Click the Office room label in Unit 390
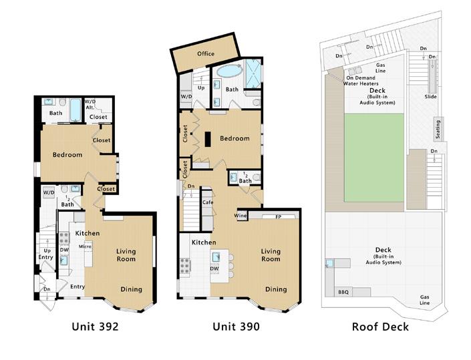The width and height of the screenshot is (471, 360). coord(206,53)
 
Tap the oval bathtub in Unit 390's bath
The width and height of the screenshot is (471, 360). coord(229,71)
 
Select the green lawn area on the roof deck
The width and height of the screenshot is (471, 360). coord(373,158)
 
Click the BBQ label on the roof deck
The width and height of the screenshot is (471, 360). coord(343,292)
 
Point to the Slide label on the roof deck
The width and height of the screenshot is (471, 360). coord(430,97)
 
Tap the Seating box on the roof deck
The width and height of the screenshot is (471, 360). coord(438,129)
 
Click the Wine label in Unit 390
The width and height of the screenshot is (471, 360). coord(241,216)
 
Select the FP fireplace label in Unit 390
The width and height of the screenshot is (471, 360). coord(278,216)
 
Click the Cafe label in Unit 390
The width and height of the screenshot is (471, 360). coord(208,202)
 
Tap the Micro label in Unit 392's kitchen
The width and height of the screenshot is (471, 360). coord(85,246)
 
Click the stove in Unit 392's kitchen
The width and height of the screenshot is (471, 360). coord(64,238)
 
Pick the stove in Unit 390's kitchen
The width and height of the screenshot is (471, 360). coord(185,266)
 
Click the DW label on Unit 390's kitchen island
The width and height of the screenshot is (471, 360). coord(214,268)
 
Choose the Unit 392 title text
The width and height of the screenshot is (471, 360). coord(96,327)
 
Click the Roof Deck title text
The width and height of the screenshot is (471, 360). coord(380,327)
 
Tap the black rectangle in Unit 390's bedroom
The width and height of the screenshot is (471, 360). coord(208,140)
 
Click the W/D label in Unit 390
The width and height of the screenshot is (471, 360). coord(186,97)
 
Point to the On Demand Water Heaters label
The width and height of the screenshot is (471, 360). coord(361,80)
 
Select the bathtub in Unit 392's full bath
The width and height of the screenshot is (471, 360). coord(75,110)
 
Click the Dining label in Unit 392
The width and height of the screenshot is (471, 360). coord(131,289)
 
